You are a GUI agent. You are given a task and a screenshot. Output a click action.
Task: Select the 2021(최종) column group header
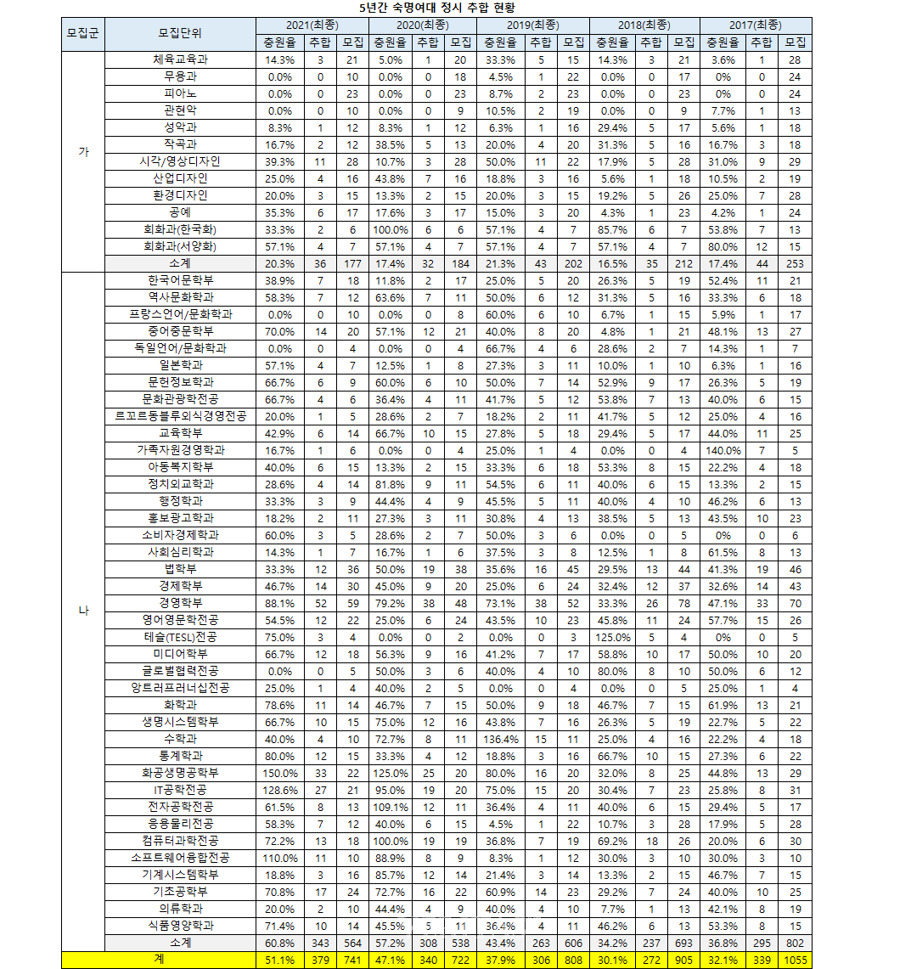pyautogui.click(x=312, y=25)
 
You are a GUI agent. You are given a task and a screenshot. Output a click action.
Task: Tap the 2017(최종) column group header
pyautogui.click(x=755, y=25)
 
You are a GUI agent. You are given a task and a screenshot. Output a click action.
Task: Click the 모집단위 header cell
pyautogui.click(x=180, y=33)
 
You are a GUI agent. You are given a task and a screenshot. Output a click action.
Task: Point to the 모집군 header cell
pyautogui.click(x=82, y=33)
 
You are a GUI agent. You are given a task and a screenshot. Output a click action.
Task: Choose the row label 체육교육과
pyautogui.click(x=180, y=59)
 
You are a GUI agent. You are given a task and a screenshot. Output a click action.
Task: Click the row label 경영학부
pyautogui.click(x=180, y=603)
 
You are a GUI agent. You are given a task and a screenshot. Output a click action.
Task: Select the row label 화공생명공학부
pyautogui.click(x=180, y=773)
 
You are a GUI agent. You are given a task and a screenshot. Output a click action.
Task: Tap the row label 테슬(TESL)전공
pyautogui.click(x=180, y=637)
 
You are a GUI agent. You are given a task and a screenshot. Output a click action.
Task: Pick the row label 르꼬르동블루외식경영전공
pyautogui.click(x=180, y=416)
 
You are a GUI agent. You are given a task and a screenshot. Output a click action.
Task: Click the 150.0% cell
pyautogui.click(x=279, y=773)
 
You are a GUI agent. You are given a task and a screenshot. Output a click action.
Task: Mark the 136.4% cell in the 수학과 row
pyautogui.click(x=501, y=739)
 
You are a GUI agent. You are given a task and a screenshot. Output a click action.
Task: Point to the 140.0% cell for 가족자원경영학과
pyautogui.click(x=723, y=450)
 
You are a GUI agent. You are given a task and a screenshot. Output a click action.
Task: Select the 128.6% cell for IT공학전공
pyautogui.click(x=279, y=790)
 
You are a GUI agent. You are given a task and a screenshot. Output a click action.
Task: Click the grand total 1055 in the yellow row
pyautogui.click(x=796, y=960)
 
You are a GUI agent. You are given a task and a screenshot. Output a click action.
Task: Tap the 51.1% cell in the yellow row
pyautogui.click(x=279, y=960)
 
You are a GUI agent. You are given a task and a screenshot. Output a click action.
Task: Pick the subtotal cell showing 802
pyautogui.click(x=796, y=943)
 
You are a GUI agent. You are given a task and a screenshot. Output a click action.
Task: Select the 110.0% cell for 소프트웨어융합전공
pyautogui.click(x=279, y=858)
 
